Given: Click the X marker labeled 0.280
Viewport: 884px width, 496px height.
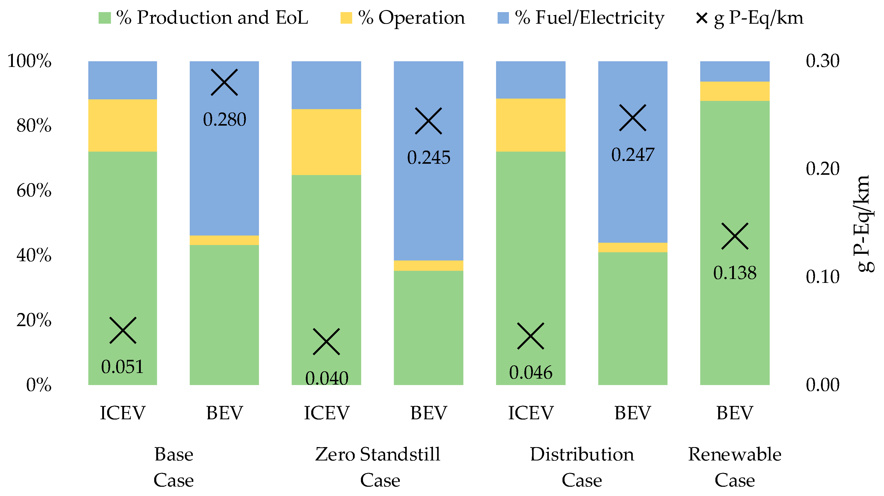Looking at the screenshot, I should pos(224,82).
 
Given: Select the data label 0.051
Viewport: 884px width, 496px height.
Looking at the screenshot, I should pos(122,367).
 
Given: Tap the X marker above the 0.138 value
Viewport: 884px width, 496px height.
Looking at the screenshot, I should pos(735,236).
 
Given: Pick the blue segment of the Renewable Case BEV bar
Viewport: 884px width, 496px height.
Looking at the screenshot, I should pos(735,71).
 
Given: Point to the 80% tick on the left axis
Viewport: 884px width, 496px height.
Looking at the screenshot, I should pos(34,126).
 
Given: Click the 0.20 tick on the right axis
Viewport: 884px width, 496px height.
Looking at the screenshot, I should pos(822,169).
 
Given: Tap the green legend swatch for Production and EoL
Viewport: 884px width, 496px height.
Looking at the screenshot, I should pos(105,18).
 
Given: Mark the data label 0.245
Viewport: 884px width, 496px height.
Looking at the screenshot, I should pos(429,158).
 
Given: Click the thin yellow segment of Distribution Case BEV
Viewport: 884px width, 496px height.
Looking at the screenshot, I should pos(632,247).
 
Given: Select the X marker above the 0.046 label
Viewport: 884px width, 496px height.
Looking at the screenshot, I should pos(531,336).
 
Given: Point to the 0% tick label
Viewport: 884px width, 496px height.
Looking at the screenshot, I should pos(38,385).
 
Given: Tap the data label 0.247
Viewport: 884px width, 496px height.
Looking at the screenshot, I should pos(632,155).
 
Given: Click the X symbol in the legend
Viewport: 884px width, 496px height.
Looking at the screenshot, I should pos(701,18).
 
